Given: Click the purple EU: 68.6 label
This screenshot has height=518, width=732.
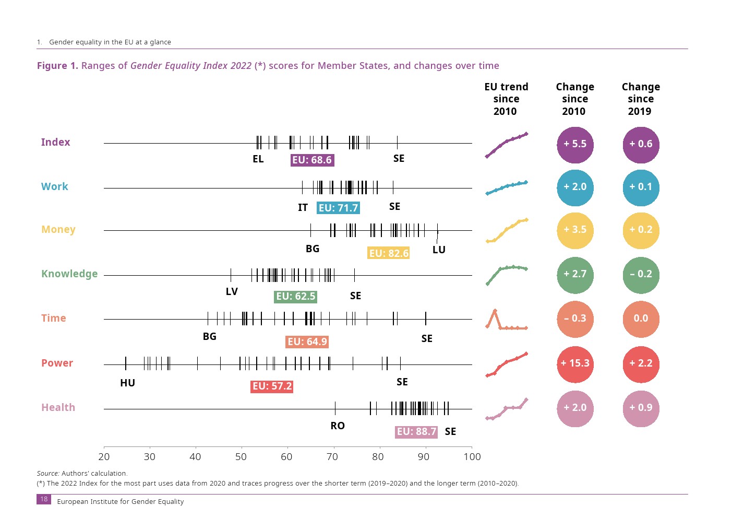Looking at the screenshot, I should point(312,160).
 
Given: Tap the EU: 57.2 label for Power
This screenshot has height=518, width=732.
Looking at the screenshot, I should point(272,386).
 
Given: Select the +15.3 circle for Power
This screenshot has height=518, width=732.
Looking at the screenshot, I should point(575,363).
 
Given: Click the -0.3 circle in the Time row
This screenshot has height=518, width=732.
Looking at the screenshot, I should point(575,319).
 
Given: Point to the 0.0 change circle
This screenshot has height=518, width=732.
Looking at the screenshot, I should point(641,319).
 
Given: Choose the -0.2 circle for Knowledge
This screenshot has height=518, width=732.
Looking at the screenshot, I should point(641,274).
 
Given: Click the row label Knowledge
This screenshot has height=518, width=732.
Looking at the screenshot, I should point(69,274).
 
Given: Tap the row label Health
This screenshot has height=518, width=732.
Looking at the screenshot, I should point(58,407).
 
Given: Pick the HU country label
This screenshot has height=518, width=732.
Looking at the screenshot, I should point(127,383).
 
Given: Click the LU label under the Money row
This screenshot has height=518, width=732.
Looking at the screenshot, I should point(439,250).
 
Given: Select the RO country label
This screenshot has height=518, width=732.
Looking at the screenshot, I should point(338,426).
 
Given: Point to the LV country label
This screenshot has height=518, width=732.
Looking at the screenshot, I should point(232,291).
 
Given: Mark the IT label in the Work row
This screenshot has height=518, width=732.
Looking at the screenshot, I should point(303,207).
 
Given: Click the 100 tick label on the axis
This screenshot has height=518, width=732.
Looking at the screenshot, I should point(472,457).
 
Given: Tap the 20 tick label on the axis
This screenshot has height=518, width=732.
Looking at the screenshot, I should point(104,457).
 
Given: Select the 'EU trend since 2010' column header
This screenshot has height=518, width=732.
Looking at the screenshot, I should point(506,99).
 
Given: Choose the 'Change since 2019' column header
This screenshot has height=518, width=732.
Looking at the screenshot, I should point(641,99).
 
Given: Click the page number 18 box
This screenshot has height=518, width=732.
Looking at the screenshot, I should point(44,499).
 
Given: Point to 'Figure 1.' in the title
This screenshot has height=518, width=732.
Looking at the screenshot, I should point(57,66).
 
